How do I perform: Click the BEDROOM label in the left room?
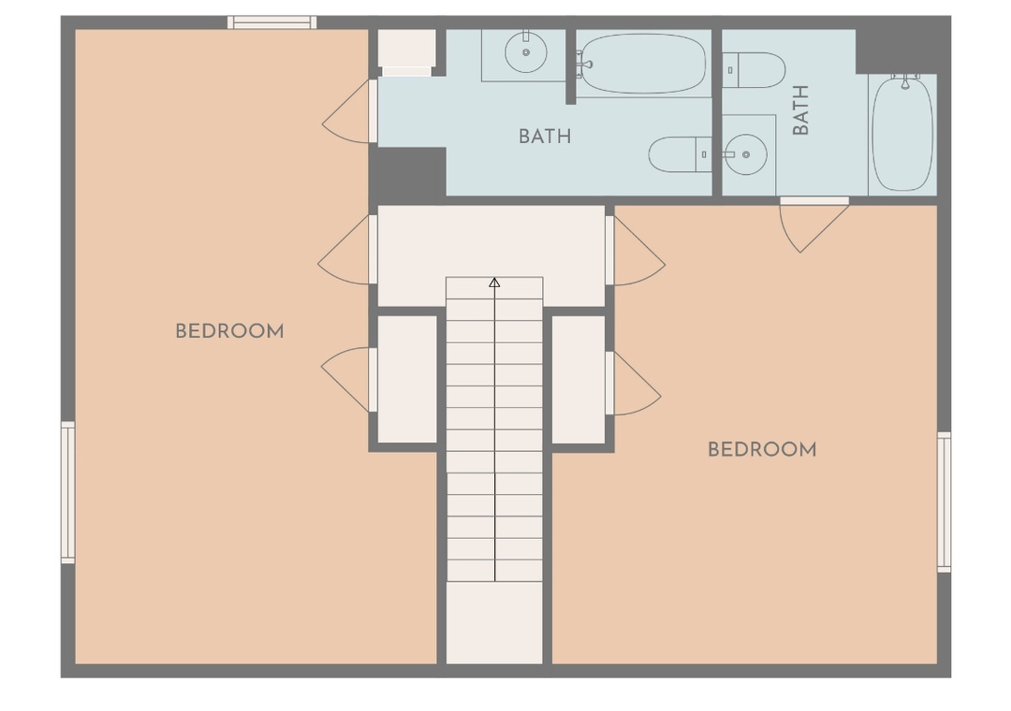point(229,331)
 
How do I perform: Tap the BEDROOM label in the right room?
point(762,449)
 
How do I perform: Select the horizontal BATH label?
point(545,137)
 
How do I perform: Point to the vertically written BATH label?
point(800,110)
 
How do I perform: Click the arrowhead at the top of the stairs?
point(494,283)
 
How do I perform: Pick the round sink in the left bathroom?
point(525,52)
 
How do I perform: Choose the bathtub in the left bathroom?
point(641,64)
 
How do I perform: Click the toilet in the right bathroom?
point(754,70)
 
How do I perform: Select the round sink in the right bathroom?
point(745,154)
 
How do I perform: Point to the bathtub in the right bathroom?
point(902,133)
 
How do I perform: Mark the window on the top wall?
point(272,22)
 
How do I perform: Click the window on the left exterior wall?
point(67,492)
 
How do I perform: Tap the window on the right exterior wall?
point(944,502)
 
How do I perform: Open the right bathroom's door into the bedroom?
point(813,225)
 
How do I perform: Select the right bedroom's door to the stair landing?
point(637,250)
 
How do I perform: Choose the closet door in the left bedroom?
point(348,380)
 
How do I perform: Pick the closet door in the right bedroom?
point(635,384)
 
